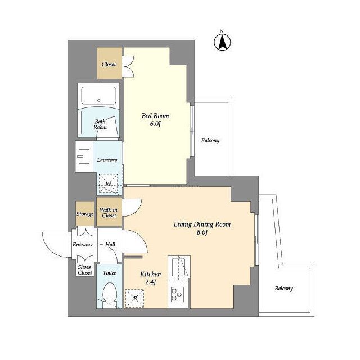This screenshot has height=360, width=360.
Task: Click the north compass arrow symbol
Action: [222, 42]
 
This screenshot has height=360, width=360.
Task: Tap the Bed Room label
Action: [155, 116]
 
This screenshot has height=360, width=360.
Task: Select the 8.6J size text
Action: [202, 232]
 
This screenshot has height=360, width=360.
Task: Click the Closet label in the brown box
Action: [109, 64]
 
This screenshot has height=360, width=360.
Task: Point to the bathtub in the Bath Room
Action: [99, 96]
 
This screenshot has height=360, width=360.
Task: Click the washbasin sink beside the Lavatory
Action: [83, 156]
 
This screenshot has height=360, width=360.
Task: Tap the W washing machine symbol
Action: [108, 184]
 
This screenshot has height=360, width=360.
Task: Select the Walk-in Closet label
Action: [109, 213]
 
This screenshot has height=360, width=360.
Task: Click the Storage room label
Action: [85, 214]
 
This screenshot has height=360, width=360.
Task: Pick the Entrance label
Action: [83, 245]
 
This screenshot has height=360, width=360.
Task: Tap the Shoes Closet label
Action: [85, 270]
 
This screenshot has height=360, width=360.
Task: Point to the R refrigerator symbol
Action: [135, 299]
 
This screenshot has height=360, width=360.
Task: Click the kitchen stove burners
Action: [177, 294]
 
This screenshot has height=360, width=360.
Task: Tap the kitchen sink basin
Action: [178, 267]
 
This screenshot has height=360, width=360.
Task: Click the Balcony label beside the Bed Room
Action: [210, 140]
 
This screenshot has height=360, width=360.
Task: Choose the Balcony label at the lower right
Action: [283, 289]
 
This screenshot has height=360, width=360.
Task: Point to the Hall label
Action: [110, 245]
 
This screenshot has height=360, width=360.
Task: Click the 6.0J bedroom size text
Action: [155, 124]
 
